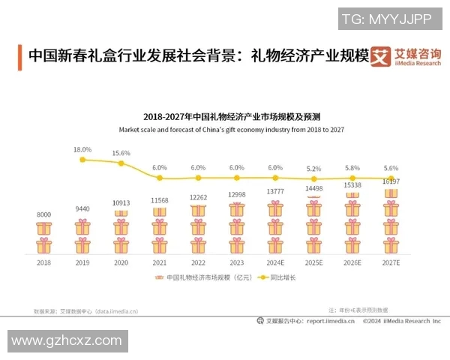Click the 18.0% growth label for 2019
(82, 150)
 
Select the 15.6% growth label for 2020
(121, 154)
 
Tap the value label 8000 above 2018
(44, 215)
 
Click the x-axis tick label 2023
(236, 263)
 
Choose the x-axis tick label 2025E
(313, 263)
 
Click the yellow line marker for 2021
(160, 178)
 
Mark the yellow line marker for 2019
(82, 160)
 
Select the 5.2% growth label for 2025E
(313, 169)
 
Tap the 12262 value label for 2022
(198, 197)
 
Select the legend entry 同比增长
(277, 277)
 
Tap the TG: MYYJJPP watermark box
(385, 19)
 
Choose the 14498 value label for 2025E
(313, 188)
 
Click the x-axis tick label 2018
(44, 263)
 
